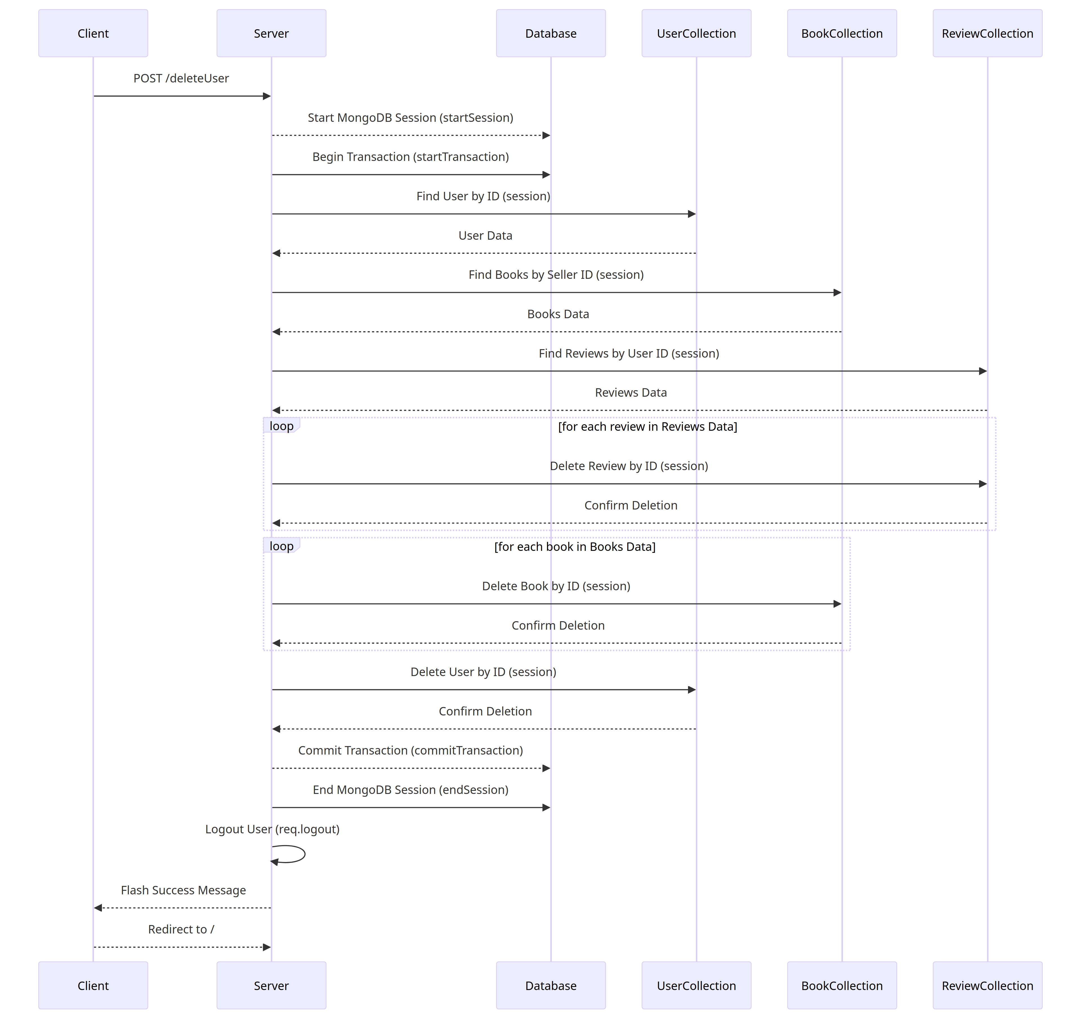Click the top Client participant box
tap(93, 33)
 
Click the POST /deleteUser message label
tap(181, 78)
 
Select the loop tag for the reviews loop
tap(281, 426)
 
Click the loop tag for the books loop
tap(281, 546)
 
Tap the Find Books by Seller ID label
tap(556, 275)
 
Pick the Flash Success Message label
tap(183, 890)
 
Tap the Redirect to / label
tap(181, 929)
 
